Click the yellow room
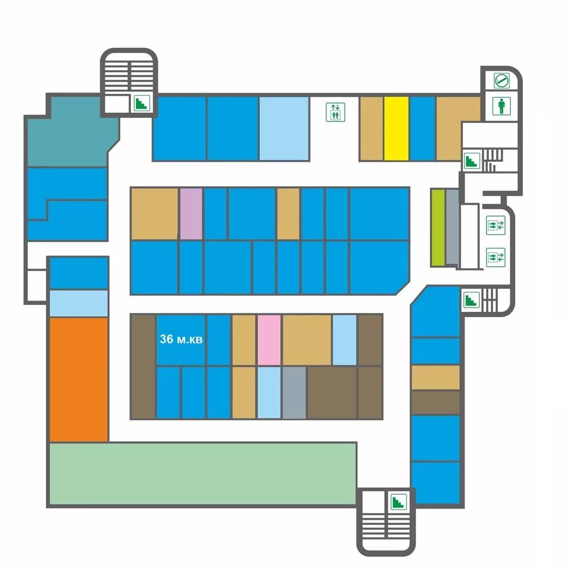click(396, 129)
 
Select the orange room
click(79, 379)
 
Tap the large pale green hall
click(202, 473)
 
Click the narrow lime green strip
click(437, 227)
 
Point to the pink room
click(268, 340)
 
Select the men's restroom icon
click(501, 107)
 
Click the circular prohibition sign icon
click(501, 80)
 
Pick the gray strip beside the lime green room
click(451, 227)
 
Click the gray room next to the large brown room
click(294, 393)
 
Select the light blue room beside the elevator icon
click(284, 129)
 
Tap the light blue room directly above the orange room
click(79, 303)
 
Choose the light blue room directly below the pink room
click(268, 393)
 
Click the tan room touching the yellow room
click(371, 129)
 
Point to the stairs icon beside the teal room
click(141, 103)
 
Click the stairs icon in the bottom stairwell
click(397, 502)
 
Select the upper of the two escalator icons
click(493, 225)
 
